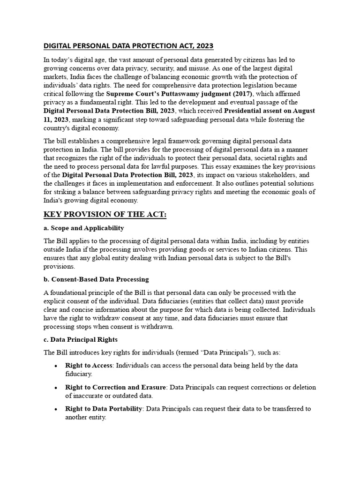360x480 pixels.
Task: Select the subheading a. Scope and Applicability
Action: click(84, 228)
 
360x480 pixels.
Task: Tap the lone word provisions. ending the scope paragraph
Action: click(59, 266)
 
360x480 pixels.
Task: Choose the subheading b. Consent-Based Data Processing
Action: click(96, 279)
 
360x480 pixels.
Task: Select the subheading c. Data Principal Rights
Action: click(81, 339)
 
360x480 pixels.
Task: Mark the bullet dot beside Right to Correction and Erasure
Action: click(56, 388)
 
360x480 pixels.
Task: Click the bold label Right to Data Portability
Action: click(104, 409)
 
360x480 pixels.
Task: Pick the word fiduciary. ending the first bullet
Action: click(79, 374)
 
